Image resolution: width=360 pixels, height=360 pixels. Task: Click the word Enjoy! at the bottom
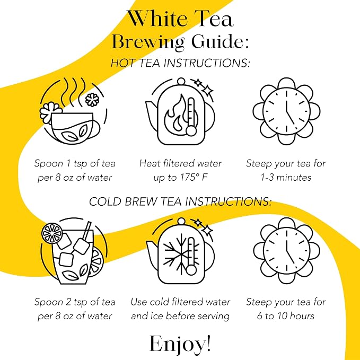(x=180, y=344)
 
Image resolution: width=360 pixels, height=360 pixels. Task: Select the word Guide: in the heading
(x=220, y=41)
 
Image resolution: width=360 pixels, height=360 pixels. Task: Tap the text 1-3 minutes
(x=286, y=178)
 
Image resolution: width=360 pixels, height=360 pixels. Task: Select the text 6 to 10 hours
(x=285, y=316)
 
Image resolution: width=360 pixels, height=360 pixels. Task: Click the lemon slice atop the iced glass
(x=52, y=233)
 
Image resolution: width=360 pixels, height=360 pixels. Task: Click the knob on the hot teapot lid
(x=181, y=81)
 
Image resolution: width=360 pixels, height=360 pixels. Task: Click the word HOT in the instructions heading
(x=122, y=63)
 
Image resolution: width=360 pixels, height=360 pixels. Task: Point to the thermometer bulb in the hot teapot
(x=191, y=131)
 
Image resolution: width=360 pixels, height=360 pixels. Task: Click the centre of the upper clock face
(x=286, y=111)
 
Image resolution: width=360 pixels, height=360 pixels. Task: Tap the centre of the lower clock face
(x=286, y=251)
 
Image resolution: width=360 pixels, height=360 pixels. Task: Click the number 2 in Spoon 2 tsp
(x=68, y=302)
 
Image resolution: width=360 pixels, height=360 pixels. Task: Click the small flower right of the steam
(x=92, y=100)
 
